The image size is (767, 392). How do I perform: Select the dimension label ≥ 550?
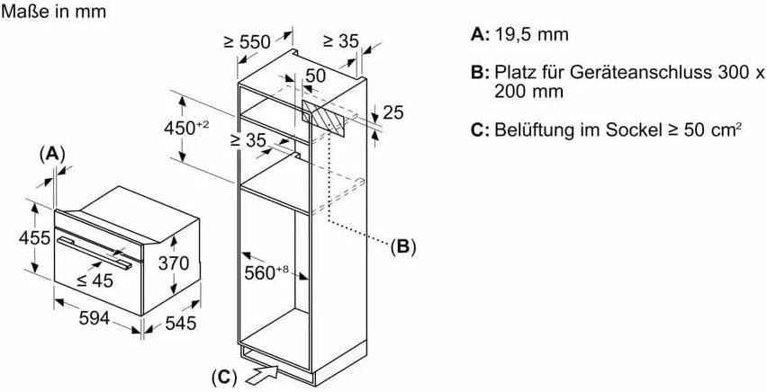248,41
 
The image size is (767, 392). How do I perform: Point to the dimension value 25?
393,112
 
